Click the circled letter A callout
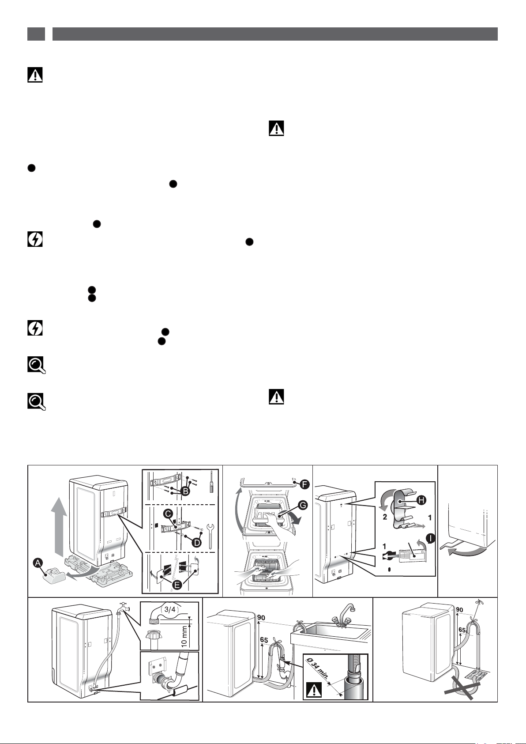click(x=38, y=563)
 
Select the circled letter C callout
click(x=168, y=514)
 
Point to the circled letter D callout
click(x=197, y=543)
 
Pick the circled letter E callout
click(x=177, y=585)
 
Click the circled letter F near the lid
click(x=304, y=485)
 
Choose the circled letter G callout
click(x=303, y=505)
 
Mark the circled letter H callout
click(x=421, y=500)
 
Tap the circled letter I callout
click(x=430, y=539)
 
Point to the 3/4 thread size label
click(x=170, y=609)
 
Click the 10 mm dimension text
click(x=184, y=636)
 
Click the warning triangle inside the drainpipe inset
click(x=312, y=690)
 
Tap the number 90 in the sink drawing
click(x=261, y=617)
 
